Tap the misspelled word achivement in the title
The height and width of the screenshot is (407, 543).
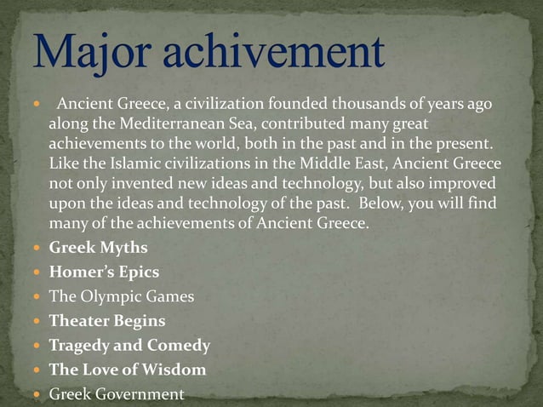270,52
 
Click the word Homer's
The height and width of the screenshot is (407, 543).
77,272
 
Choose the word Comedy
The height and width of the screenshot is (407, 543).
179,346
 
